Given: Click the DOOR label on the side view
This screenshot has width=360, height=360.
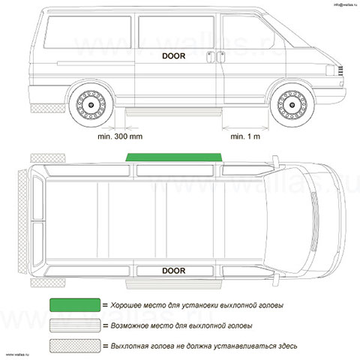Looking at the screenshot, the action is point(174,56).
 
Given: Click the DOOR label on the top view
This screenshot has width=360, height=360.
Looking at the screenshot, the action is point(174,271).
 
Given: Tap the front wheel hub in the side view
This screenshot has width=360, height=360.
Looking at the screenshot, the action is point(292,105).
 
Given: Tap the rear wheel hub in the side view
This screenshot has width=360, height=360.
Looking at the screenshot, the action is point(91,105).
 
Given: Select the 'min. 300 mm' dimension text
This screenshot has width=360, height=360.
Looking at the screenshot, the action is point(120,136).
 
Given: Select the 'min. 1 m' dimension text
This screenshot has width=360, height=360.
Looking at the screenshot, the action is point(245,136).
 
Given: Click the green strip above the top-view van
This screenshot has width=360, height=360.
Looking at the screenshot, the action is point(174,157).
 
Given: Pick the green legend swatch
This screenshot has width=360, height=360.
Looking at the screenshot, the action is point(75,305).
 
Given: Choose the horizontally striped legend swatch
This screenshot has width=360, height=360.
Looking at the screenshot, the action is point(75,325).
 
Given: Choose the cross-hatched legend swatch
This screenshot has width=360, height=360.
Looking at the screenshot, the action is point(75,346).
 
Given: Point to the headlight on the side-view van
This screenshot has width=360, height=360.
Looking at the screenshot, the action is point(330,70).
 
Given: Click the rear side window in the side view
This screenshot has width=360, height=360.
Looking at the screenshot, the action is point(88,32).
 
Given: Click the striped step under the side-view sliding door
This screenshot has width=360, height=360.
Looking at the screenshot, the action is point(174,112).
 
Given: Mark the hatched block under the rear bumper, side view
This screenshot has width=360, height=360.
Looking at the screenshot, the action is point(48,108).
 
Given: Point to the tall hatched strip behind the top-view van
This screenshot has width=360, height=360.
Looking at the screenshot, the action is point(22,221).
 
